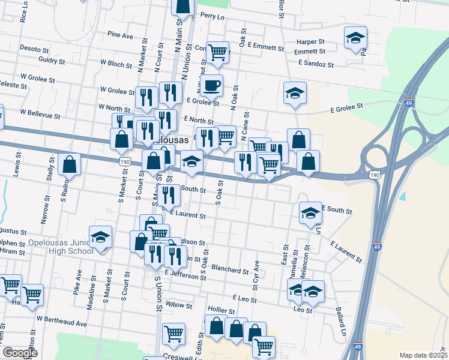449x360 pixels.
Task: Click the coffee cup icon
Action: (210, 87)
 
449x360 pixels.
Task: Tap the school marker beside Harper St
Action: (355, 38)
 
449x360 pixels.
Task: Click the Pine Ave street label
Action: (120, 36)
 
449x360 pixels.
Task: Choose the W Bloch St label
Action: (116, 63)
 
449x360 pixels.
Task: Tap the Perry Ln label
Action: (212, 15)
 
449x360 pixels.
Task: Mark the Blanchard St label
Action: (231, 269)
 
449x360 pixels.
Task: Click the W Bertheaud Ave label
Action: (61, 323)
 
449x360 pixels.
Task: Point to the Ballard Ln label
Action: (341, 323)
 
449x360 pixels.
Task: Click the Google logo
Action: (20, 353)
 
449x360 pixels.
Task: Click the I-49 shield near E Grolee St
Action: (408, 103)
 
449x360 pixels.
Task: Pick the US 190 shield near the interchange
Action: (374, 175)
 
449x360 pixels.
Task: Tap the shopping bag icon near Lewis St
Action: (70, 164)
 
